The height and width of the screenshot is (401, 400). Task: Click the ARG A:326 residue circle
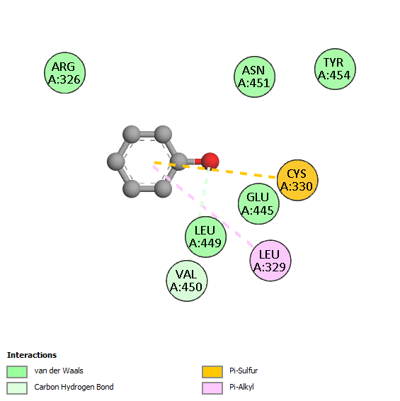click(64, 73)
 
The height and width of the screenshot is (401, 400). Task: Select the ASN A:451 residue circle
click(255, 77)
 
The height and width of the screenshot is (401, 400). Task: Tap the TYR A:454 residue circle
click(335, 69)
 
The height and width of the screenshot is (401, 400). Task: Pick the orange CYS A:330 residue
click(297, 180)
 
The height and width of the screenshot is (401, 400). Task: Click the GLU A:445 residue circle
click(258, 204)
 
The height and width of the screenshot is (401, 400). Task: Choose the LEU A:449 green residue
click(205, 237)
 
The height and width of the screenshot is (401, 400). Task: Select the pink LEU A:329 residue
click(270, 261)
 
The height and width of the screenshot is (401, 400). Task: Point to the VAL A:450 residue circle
click(187, 281)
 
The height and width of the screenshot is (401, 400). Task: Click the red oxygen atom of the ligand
click(210, 162)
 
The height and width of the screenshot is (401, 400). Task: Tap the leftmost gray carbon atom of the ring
click(116, 162)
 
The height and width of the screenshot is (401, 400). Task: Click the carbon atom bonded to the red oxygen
click(178, 162)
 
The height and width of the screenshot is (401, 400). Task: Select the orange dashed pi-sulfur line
click(215, 170)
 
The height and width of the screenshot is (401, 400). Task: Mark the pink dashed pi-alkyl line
click(203, 206)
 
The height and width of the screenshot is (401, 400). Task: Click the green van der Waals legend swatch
click(17, 371)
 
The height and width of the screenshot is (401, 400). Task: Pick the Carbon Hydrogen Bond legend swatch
click(17, 388)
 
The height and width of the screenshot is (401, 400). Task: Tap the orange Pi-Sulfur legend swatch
click(212, 371)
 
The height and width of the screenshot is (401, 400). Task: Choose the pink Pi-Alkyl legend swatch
click(212, 388)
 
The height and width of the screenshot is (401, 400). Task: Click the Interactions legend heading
click(32, 355)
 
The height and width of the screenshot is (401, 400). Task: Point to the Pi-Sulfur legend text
click(244, 371)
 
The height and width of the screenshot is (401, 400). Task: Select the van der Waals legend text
click(59, 371)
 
